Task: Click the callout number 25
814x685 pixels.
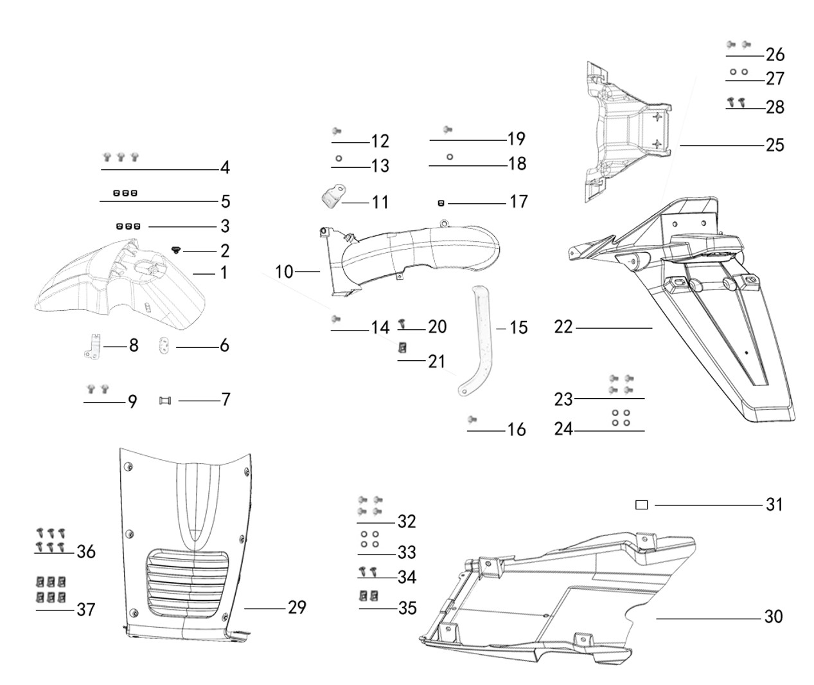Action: click(775, 145)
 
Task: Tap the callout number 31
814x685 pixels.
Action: click(774, 504)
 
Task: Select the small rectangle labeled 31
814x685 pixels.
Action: click(641, 505)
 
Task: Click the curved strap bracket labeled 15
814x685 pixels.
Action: click(479, 341)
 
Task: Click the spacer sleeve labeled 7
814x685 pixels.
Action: click(165, 401)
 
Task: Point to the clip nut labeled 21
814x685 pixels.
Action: click(403, 347)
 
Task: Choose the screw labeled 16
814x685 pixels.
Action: click(472, 419)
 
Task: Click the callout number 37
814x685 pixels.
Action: click(85, 608)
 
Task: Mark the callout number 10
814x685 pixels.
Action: click(284, 272)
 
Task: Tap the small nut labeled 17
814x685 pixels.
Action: click(441, 203)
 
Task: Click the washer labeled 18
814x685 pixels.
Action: click(449, 156)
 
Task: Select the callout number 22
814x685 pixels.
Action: click(563, 327)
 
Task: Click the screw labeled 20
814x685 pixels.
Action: click(403, 320)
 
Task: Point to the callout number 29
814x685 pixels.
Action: click(297, 607)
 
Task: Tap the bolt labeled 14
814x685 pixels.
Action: click(335, 318)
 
